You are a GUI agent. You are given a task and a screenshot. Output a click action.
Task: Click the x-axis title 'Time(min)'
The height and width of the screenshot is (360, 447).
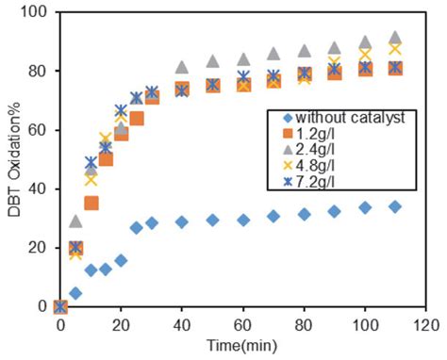pyautogui.click(x=242, y=347)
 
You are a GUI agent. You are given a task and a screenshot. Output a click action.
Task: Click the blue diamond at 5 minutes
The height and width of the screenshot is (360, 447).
pyautogui.click(x=75, y=293)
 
